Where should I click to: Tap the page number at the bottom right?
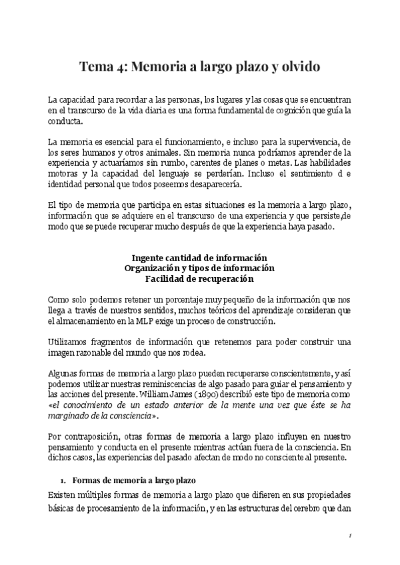(350, 537)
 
